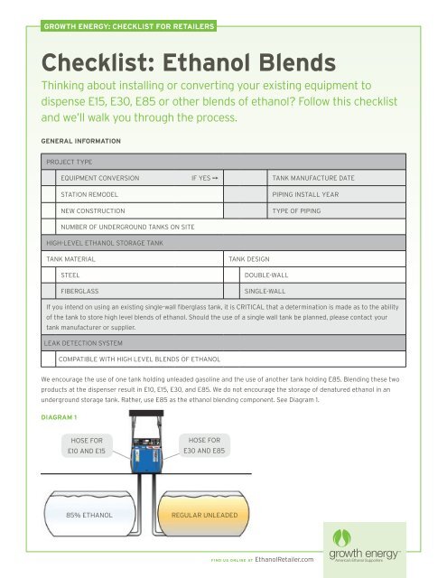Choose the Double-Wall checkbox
[x=237, y=275]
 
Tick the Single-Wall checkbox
[x=237, y=292]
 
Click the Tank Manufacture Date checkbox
[x=263, y=179]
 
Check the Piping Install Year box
[x=263, y=194]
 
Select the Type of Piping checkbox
[x=263, y=210]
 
